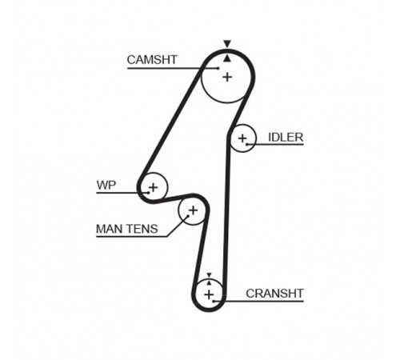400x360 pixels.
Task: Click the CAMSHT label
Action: pos(152,60)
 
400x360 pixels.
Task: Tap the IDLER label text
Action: pos(286,138)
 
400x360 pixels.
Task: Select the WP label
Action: pos(106,185)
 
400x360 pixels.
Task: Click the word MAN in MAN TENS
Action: pos(110,229)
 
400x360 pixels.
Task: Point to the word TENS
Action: pos(142,229)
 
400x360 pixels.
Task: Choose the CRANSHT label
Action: pos(274,294)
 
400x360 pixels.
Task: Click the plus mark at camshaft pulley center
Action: pos(227,78)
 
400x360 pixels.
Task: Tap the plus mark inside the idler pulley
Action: pos(242,138)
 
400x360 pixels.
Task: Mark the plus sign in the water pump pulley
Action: pos(153,187)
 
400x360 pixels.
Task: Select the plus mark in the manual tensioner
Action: pos(193,210)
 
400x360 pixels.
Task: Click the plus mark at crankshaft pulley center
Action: pos(209,294)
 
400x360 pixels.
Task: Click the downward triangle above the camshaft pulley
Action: pos(227,44)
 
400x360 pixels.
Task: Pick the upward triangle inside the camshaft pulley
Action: pos(227,58)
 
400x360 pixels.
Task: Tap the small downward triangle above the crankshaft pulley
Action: pos(209,275)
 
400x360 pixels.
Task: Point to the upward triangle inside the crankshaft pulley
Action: pos(209,283)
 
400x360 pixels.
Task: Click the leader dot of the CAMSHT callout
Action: pos(218,68)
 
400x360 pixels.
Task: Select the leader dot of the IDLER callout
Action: pos(247,144)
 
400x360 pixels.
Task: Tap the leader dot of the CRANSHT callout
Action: pos(214,302)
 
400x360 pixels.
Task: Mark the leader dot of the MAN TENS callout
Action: pos(188,216)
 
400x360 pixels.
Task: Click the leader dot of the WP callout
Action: pos(148,193)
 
